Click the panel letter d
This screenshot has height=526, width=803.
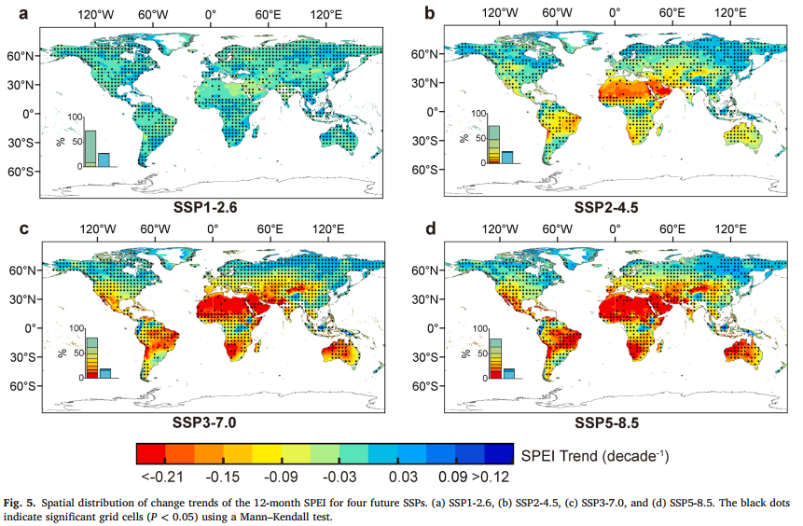pos(430,228)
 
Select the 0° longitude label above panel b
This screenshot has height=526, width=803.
pos(614,13)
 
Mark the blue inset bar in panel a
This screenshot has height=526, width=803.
pos(104,159)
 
